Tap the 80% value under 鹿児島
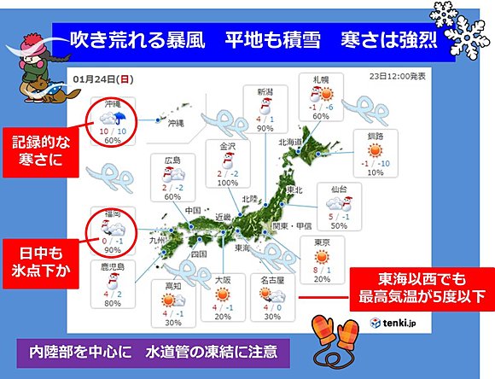tap(110, 302)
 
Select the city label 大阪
tap(224, 279)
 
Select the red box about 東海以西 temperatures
tap(419, 288)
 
